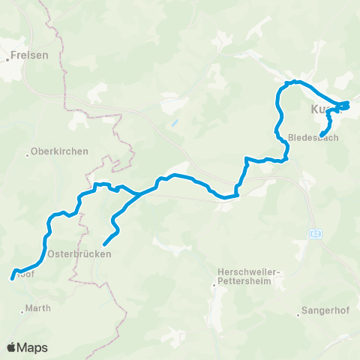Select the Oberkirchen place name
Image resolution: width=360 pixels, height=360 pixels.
pyautogui.click(x=61, y=151)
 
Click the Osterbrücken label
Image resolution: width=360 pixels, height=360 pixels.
pyautogui.click(x=79, y=254)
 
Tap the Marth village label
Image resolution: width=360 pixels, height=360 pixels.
pyautogui.click(x=38, y=308)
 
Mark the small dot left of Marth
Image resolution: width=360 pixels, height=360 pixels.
pyautogui.click(x=23, y=308)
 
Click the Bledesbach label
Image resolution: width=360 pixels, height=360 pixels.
pyautogui.click(x=313, y=138)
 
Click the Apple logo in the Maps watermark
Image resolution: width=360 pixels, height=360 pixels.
pyautogui.click(x=11, y=347)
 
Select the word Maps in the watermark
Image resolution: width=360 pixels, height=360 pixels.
pyautogui.click(x=33, y=347)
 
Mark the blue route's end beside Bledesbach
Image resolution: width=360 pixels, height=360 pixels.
pyautogui.click(x=322, y=134)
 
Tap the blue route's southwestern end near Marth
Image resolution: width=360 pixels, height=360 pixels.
pyautogui.click(x=12, y=277)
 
